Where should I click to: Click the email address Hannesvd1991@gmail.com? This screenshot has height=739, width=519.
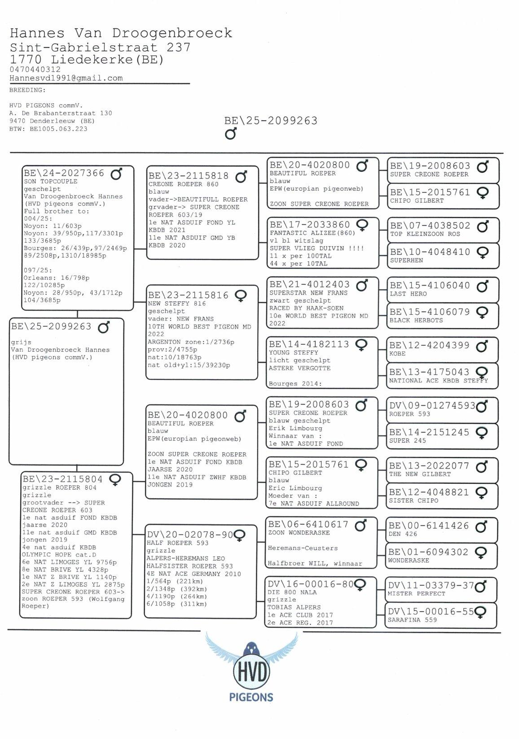click(x=66, y=78)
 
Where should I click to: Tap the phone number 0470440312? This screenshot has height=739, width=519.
click(x=35, y=70)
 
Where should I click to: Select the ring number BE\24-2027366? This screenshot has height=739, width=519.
click(x=64, y=173)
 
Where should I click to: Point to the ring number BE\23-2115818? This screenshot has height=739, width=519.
click(x=189, y=176)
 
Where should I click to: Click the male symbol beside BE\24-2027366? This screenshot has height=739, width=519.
click(x=116, y=174)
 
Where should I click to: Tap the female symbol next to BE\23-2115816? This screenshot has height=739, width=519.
click(x=241, y=296)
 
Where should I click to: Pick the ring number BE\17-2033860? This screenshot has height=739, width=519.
click(x=309, y=225)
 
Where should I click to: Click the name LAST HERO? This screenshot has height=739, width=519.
click(x=408, y=294)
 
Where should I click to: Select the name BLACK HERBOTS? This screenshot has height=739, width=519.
click(x=416, y=320)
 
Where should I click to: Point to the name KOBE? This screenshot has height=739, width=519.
click(x=398, y=353)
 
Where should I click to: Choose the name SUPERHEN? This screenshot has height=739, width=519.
click(x=406, y=260)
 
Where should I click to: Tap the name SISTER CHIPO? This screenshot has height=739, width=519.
click(x=413, y=500)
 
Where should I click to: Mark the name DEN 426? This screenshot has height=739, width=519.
click(x=403, y=534)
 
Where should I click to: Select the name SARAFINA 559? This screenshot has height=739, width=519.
click(x=412, y=620)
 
